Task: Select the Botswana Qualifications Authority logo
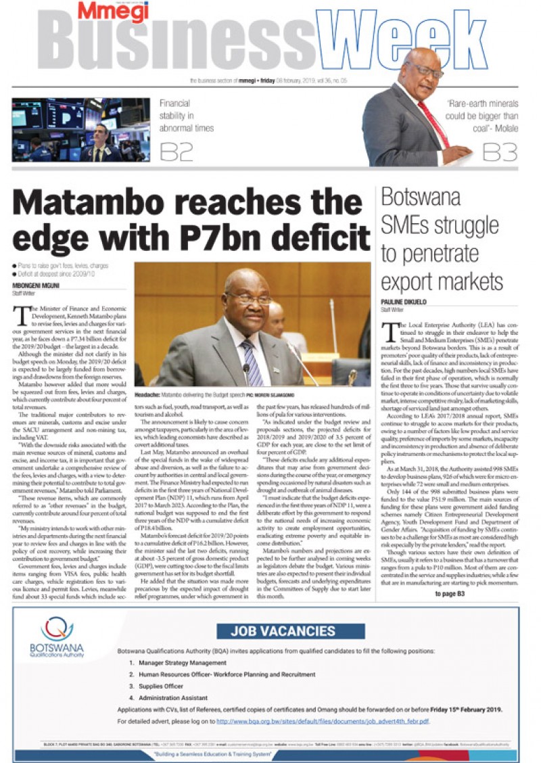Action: click(57, 639)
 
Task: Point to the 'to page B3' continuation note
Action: click(449, 594)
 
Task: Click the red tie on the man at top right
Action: click(433, 122)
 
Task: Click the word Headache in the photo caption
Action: click(147, 393)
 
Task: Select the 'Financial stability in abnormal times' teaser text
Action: click(186, 116)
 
